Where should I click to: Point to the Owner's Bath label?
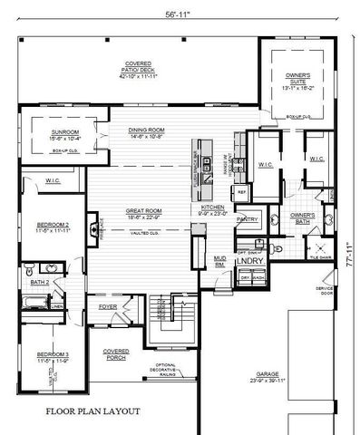tap(301, 217)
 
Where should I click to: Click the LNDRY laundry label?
tap(248, 261)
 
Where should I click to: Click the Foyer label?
tap(110, 307)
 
